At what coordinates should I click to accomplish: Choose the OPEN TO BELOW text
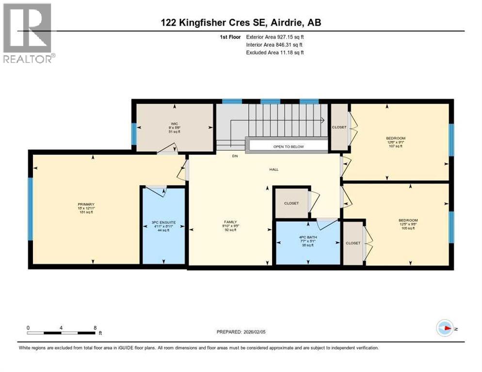coord(288,146)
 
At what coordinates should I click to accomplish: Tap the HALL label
coord(274,170)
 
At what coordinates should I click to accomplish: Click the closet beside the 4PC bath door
coord(291,203)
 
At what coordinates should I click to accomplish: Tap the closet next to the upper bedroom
coord(339,127)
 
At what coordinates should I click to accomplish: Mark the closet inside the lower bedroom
coord(353,243)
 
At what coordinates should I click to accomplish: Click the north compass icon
coord(444,328)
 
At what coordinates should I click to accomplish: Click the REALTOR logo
coord(28,33)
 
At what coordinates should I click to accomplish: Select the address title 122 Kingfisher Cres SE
coord(241,22)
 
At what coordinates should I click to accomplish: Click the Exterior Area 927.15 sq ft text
coord(275,37)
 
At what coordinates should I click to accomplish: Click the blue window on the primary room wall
coord(30,209)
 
